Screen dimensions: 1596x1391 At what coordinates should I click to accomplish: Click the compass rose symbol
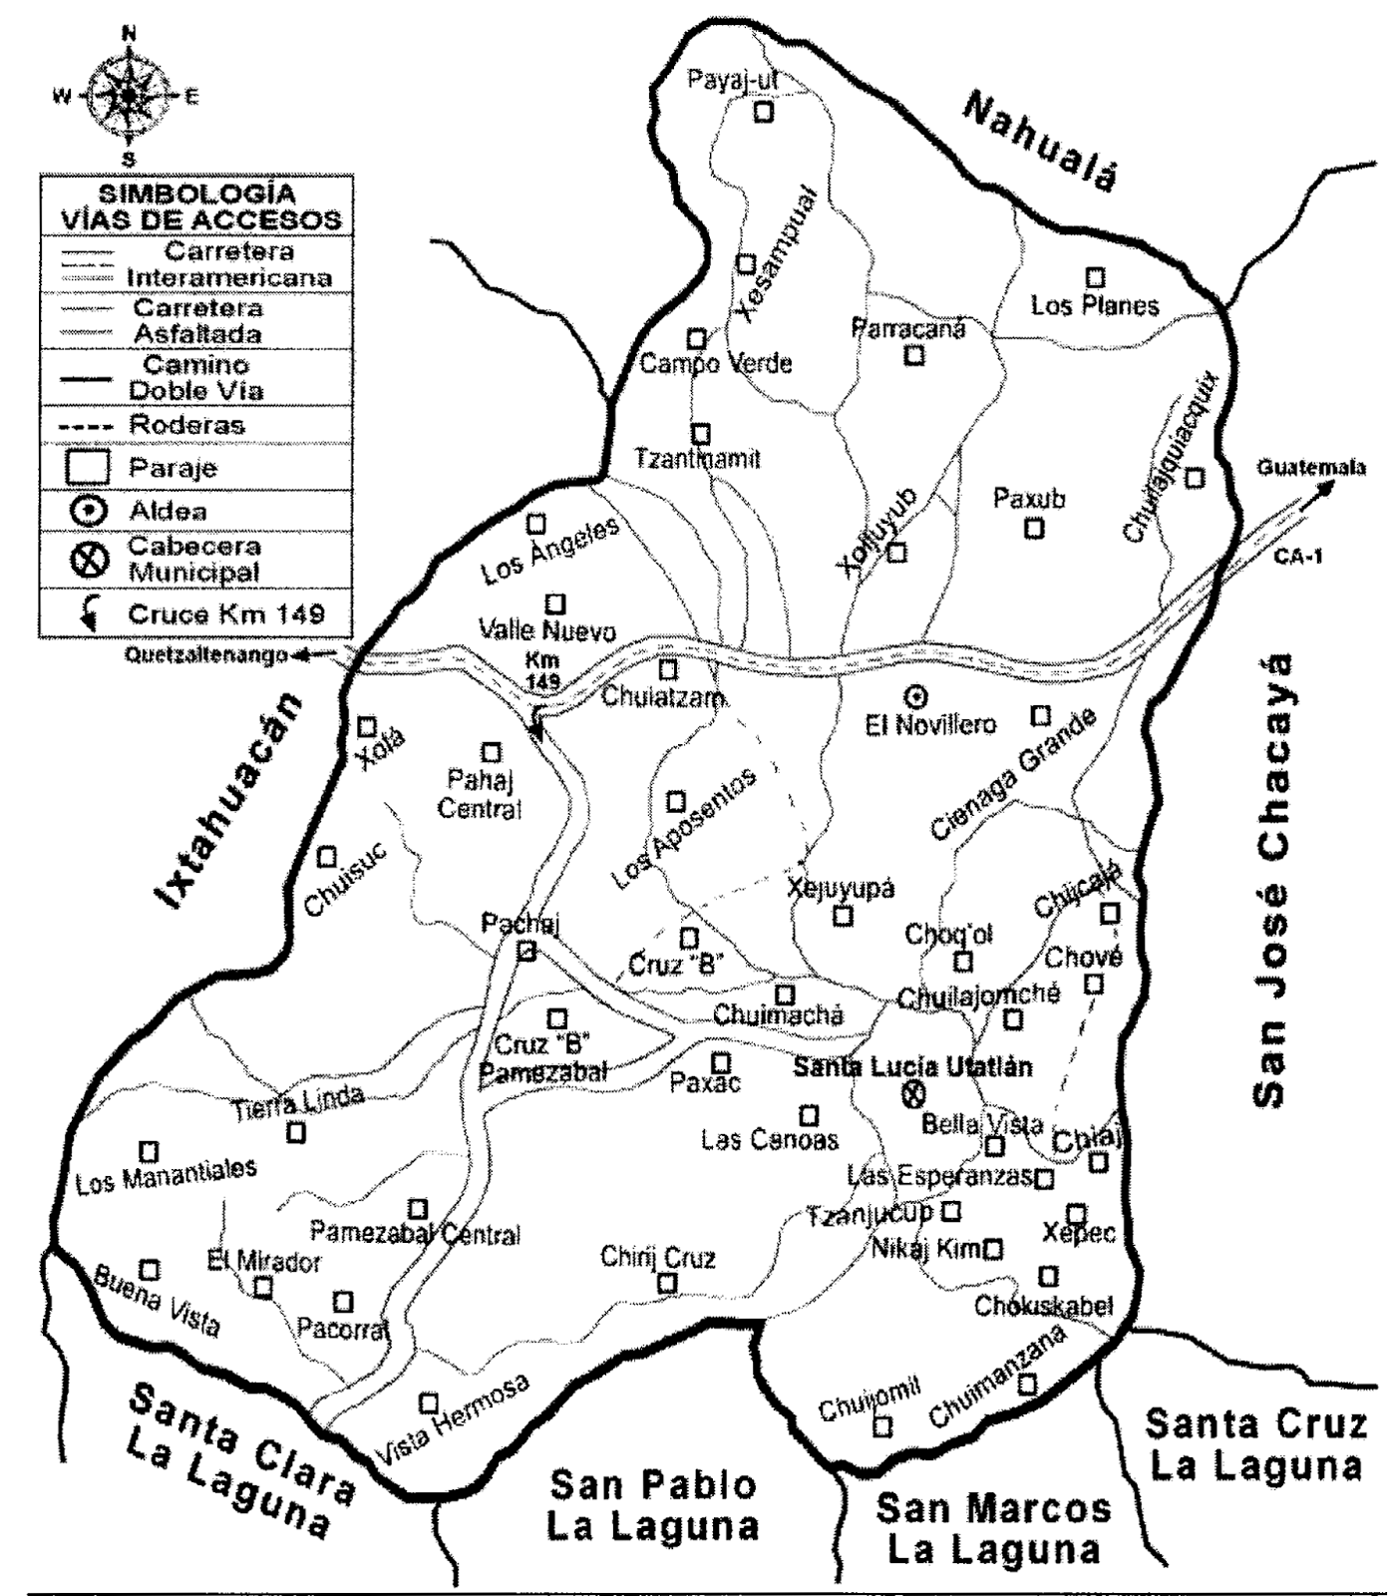coord(129,96)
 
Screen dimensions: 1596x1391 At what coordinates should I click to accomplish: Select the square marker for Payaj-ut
coord(763,112)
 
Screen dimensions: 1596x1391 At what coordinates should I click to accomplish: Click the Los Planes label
coord(1094,304)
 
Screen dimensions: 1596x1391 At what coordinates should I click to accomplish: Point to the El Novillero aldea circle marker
coord(915,696)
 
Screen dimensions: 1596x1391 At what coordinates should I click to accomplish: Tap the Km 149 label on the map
coord(542,670)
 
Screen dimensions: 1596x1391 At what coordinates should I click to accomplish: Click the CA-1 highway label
coord(1297,556)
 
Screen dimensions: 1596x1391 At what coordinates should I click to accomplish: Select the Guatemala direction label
coord(1309,468)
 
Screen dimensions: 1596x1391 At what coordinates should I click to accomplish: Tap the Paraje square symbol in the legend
coord(88,468)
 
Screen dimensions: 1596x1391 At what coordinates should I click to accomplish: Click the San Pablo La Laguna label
coord(652,1506)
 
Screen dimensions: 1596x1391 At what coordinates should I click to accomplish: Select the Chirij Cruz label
coord(657,1257)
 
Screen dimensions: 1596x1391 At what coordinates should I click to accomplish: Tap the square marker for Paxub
coord(1034,528)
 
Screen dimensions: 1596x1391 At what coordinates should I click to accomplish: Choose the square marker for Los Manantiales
coord(149,1152)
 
